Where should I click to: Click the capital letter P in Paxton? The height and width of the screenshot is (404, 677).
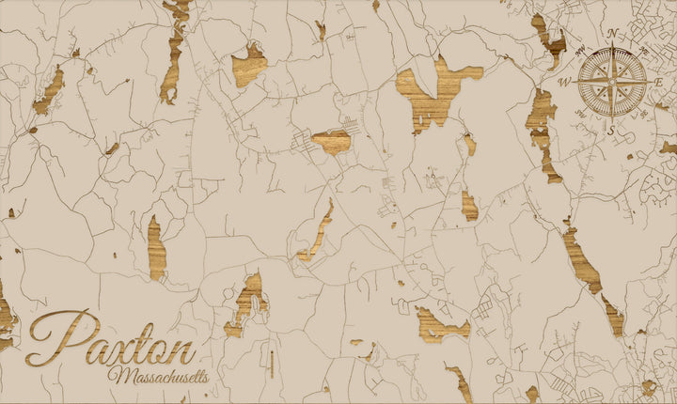(x=58, y=338)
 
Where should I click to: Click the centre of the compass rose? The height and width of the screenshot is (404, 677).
(x=612, y=82)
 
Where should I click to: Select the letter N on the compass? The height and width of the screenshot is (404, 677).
(x=612, y=34)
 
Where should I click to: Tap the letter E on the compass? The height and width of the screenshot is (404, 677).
(x=660, y=83)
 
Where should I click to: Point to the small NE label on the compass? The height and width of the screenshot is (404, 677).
(x=641, y=53)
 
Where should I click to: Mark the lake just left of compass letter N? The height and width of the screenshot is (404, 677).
(x=549, y=38)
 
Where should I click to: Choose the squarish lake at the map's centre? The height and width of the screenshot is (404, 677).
(x=332, y=142)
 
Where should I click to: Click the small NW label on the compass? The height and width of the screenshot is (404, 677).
(x=584, y=54)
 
